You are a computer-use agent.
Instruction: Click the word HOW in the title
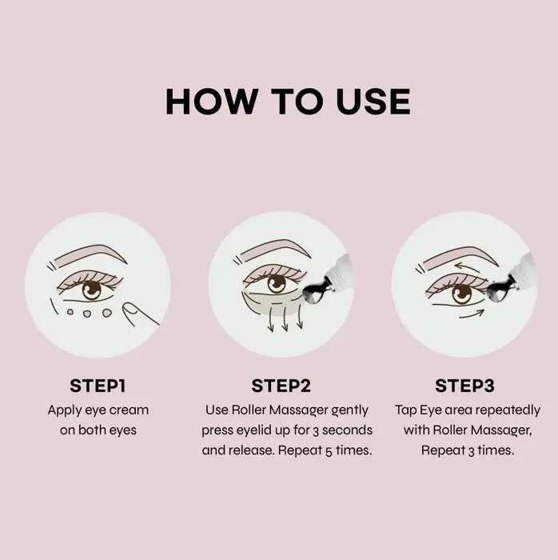211,102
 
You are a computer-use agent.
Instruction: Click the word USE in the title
373,102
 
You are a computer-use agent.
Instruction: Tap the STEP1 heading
98,386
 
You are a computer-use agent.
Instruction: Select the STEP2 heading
281,386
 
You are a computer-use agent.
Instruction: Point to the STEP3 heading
464,386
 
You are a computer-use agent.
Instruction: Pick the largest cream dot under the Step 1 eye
107,313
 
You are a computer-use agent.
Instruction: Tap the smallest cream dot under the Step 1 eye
70,312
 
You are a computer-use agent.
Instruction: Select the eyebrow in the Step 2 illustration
273,250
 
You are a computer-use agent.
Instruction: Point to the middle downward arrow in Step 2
285,319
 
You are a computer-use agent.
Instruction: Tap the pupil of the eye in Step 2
276,284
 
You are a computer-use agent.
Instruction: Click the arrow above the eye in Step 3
468,267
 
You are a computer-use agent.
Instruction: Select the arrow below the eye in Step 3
472,314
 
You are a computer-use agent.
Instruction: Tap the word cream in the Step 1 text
129,410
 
